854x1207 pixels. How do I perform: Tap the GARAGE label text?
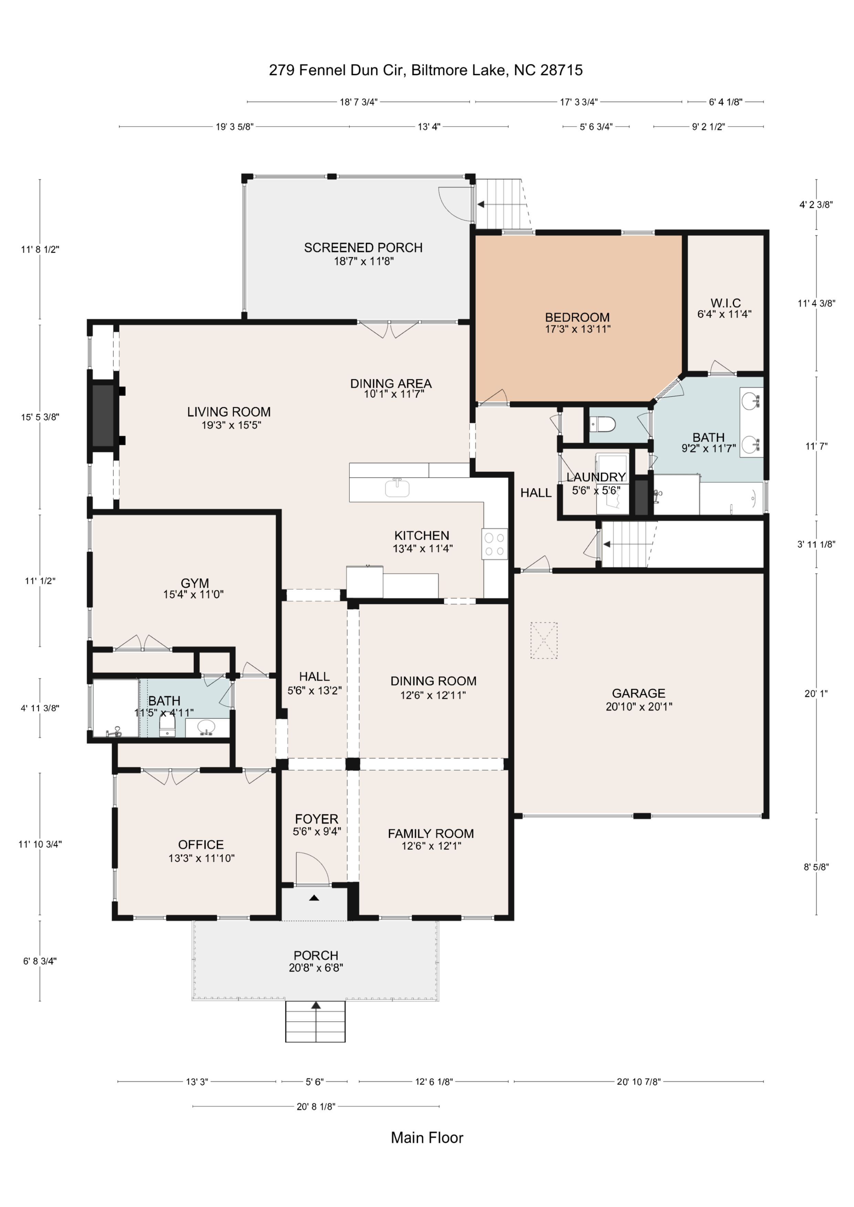click(x=639, y=694)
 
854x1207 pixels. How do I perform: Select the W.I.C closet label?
click(x=725, y=303)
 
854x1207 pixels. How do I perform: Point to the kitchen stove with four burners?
click(x=494, y=544)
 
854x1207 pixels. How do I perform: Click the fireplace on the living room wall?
click(x=104, y=415)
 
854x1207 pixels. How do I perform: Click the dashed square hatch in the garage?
click(x=544, y=640)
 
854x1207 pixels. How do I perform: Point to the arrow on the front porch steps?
click(x=316, y=1005)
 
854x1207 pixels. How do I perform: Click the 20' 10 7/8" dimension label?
click(x=639, y=1081)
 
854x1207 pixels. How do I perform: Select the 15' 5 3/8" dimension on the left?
click(x=40, y=417)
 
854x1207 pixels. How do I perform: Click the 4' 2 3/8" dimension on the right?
click(x=816, y=204)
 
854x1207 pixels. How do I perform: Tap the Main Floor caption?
click(x=427, y=1137)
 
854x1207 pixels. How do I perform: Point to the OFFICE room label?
click(x=201, y=845)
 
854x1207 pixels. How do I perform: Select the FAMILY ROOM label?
click(x=431, y=834)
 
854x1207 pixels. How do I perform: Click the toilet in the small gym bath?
click(x=167, y=727)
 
